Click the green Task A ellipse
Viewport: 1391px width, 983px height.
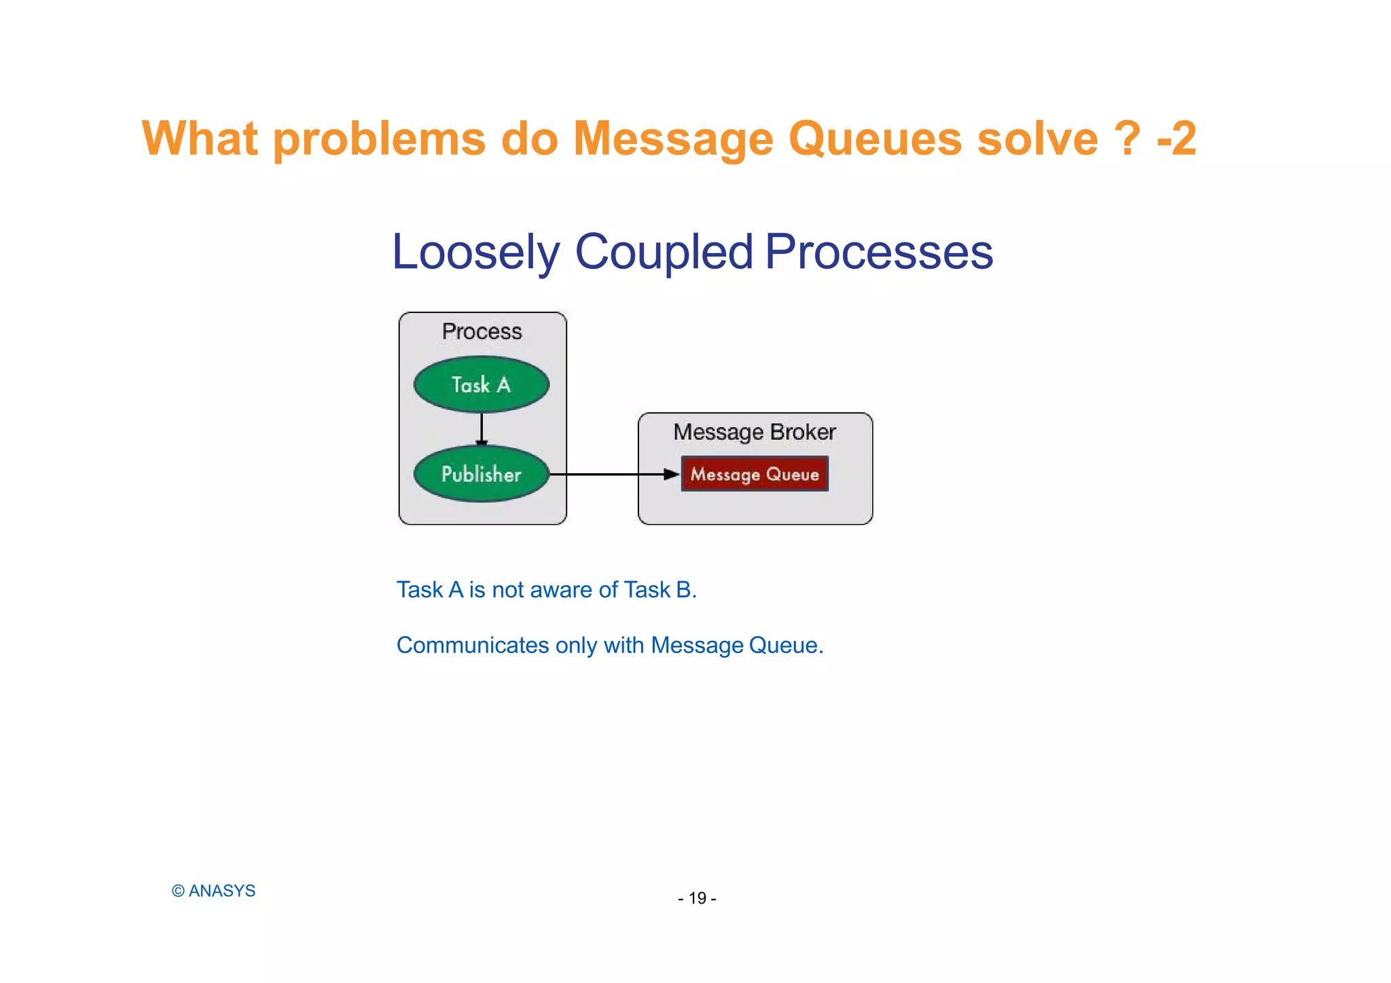[481, 384]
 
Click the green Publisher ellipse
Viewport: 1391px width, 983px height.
[481, 474]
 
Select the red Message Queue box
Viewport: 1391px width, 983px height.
[755, 474]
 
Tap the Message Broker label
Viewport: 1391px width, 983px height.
[754, 432]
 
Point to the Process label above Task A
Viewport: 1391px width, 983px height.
[482, 331]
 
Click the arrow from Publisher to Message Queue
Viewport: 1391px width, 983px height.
[611, 474]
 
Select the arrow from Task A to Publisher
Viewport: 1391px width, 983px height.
[482, 428]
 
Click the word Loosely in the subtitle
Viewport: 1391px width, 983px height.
[475, 253]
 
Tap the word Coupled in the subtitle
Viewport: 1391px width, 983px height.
[664, 253]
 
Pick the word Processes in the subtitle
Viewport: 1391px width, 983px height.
[879, 253]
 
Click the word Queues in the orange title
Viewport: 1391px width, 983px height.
[875, 139]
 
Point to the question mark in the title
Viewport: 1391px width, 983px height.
[1127, 139]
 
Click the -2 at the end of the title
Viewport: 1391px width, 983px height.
[1176, 139]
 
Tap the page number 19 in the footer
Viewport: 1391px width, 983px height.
[697, 898]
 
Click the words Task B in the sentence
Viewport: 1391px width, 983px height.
[658, 589]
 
